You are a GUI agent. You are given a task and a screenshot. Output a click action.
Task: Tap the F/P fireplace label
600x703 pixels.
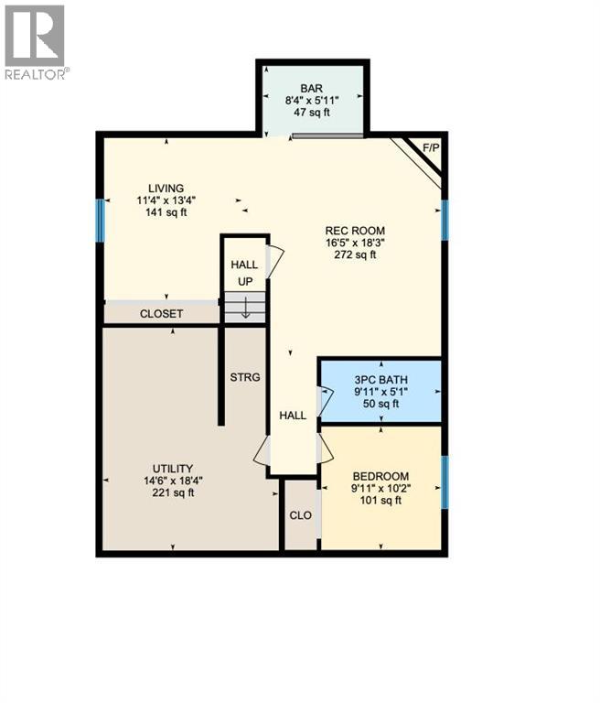point(428,146)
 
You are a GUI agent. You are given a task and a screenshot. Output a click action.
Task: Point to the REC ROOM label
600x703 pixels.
point(355,231)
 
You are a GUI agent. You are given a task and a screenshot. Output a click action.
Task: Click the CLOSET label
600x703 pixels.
point(161,314)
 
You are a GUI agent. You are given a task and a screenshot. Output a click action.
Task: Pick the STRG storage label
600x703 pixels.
point(244,376)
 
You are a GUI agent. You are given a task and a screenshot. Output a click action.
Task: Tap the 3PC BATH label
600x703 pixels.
point(380,379)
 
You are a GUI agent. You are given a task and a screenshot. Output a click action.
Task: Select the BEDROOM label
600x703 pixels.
point(380,476)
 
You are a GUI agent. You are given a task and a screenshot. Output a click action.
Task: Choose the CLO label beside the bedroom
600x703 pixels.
point(300,515)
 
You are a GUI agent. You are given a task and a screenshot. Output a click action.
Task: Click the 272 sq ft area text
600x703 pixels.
point(355,255)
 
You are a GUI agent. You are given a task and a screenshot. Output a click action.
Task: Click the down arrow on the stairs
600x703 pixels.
point(245,309)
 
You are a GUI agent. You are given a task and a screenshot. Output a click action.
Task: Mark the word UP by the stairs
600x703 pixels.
point(245,281)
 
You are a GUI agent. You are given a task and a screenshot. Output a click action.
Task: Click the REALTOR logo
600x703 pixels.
point(34,41)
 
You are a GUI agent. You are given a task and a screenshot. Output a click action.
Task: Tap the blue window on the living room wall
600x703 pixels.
point(101,220)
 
